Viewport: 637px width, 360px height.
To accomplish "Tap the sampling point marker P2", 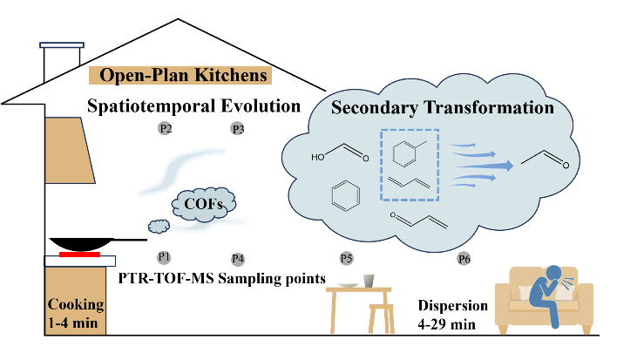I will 166,129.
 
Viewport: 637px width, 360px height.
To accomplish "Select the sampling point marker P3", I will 237,129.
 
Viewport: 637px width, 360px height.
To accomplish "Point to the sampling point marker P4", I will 237,258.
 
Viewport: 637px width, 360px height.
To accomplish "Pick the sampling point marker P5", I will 346,258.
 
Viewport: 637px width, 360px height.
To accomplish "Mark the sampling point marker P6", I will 463,258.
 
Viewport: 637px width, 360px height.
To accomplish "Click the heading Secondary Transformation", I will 443,110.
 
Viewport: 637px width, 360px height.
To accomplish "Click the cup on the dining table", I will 369,282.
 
